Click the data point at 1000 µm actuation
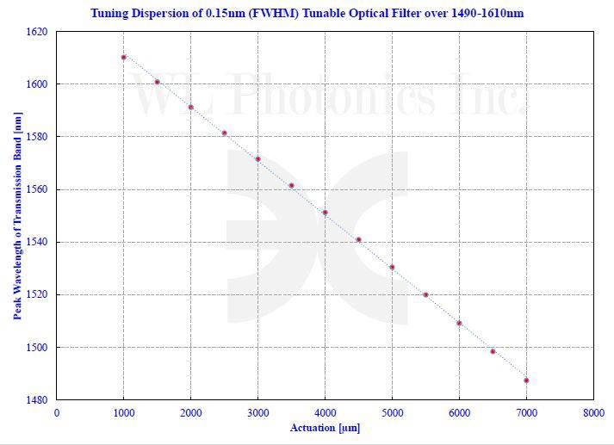(124, 58)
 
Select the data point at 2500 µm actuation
(224, 133)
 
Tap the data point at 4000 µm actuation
(325, 213)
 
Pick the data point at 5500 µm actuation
(425, 295)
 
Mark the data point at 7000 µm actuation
(526, 380)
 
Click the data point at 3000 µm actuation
(257, 159)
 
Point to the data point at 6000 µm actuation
(459, 324)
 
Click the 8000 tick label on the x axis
(593, 413)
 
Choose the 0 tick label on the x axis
(57, 413)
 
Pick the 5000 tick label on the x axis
(392, 413)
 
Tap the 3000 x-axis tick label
(257, 413)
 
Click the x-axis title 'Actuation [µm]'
(325, 427)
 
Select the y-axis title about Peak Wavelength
(17, 215)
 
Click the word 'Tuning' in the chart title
(111, 13)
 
